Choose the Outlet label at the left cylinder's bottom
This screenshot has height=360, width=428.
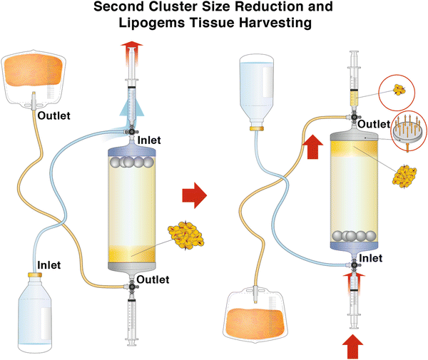(153, 279)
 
